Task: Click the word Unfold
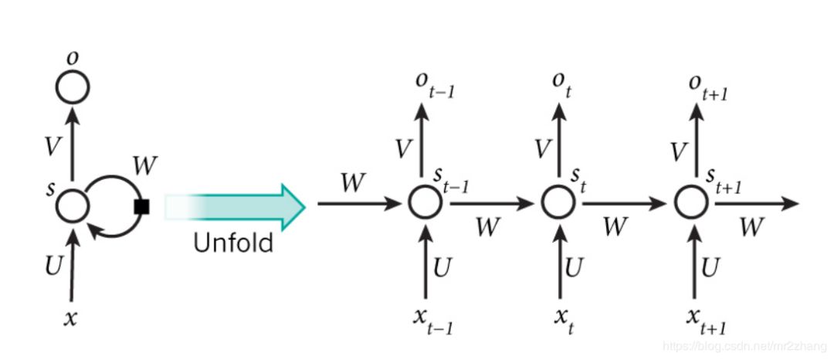pyautogui.click(x=233, y=243)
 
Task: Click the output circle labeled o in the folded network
pyautogui.click(x=73, y=87)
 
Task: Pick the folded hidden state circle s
pyautogui.click(x=73, y=205)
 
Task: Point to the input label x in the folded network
pyautogui.click(x=70, y=318)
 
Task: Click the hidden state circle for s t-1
pyautogui.click(x=424, y=204)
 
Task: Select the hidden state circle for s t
pyautogui.click(x=557, y=204)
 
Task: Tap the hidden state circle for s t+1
pyautogui.click(x=690, y=204)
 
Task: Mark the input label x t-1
pyautogui.click(x=433, y=321)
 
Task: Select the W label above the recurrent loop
pyautogui.click(x=144, y=165)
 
